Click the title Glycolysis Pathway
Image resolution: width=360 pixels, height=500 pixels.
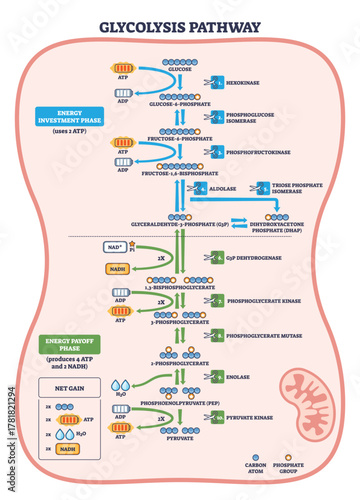179,27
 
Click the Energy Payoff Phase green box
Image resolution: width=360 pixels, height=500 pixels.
55,348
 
